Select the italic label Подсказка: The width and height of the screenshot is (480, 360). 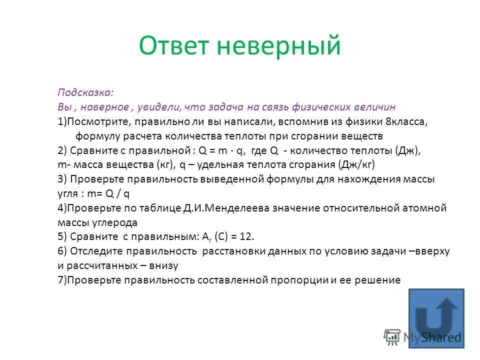click(85, 92)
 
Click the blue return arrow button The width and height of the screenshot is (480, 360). click(436, 318)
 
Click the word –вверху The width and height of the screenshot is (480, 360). click(429, 251)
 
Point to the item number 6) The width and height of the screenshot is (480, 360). click(62, 251)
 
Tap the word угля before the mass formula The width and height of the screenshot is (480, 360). click(67, 193)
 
